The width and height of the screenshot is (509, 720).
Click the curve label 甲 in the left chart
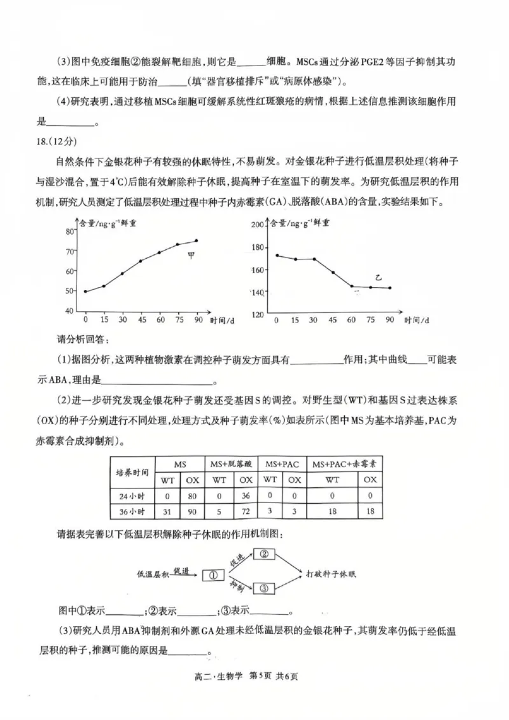(x=190, y=256)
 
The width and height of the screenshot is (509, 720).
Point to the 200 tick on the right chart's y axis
(x=257, y=225)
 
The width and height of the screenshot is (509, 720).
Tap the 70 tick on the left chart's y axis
(x=69, y=251)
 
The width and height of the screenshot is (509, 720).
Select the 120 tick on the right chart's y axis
(x=257, y=315)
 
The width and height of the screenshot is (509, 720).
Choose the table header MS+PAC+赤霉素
(x=344, y=464)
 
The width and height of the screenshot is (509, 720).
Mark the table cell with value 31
(x=168, y=511)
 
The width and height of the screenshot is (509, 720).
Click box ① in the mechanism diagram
(x=214, y=574)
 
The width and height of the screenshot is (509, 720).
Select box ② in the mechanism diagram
(x=266, y=554)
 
